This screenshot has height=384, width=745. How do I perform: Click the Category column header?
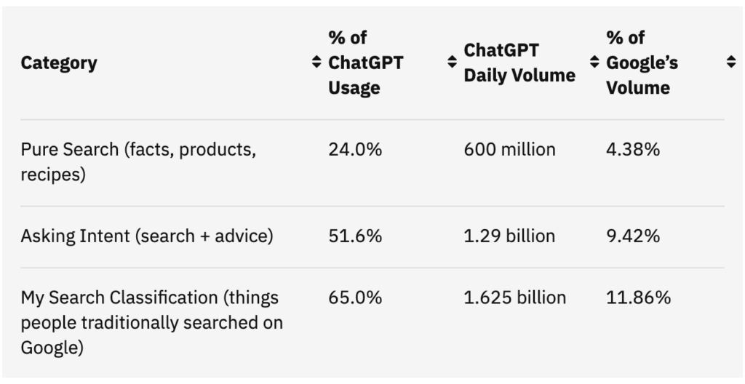[59, 63]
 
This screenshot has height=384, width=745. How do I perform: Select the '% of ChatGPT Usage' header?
[365, 63]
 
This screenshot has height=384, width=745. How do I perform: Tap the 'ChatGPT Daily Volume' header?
[519, 63]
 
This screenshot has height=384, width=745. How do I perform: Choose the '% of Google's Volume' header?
[642, 63]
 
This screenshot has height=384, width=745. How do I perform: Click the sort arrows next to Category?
[316, 62]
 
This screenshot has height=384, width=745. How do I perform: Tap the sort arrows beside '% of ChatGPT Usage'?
[452, 62]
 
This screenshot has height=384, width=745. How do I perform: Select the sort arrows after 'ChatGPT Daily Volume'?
[594, 62]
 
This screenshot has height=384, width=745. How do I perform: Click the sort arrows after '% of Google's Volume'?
[731, 62]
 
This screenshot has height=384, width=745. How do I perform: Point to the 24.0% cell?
[355, 150]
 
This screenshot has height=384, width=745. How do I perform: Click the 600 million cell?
[509, 150]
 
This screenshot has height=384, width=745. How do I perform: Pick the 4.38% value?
[633, 150]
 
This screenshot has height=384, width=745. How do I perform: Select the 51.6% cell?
[355, 236]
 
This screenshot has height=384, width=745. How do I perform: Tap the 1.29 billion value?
[509, 236]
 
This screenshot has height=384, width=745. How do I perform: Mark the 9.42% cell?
[633, 236]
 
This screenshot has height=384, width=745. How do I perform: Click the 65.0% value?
[355, 298]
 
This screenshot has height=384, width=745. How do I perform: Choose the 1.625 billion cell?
[514, 298]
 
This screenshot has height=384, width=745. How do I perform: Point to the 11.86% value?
[638, 298]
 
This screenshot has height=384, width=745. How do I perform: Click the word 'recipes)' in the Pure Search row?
[53, 175]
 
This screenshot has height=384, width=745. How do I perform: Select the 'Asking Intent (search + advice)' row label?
[147, 236]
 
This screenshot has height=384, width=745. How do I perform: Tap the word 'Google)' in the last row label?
[52, 348]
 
